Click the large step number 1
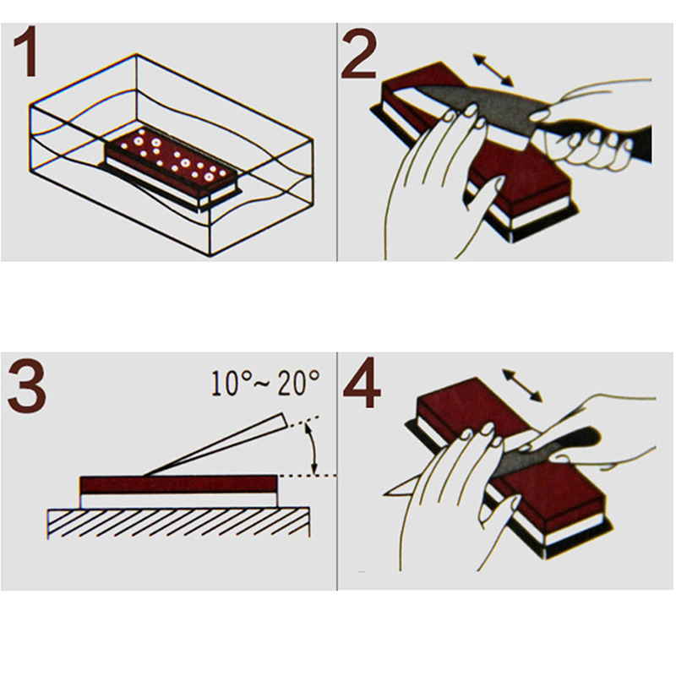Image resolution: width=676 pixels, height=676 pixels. click(x=26, y=52)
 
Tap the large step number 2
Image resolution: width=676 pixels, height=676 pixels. click(x=358, y=53)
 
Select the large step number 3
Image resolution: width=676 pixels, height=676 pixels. click(x=27, y=384)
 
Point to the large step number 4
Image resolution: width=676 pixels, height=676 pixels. click(x=362, y=383)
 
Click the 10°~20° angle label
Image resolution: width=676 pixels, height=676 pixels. click(x=265, y=384)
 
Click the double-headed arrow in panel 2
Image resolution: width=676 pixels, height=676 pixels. click(x=493, y=70)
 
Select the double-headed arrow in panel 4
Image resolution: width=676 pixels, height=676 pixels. click(x=522, y=385)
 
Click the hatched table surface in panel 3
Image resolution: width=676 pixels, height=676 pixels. click(x=178, y=522)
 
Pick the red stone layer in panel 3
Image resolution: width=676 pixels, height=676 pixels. click(x=178, y=485)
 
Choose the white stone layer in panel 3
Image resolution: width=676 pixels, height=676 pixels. click(x=178, y=501)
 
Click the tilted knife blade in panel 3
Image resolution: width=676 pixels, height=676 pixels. click(x=215, y=445)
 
